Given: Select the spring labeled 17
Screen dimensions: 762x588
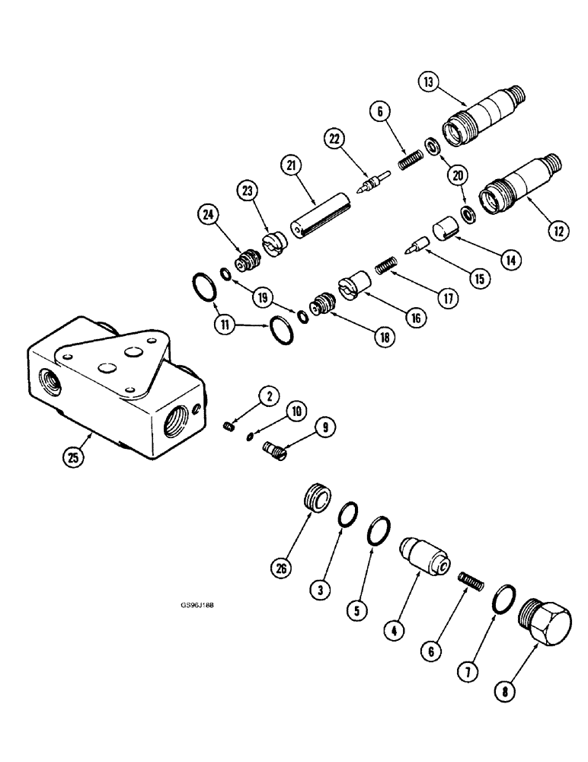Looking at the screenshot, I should click(x=388, y=268).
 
